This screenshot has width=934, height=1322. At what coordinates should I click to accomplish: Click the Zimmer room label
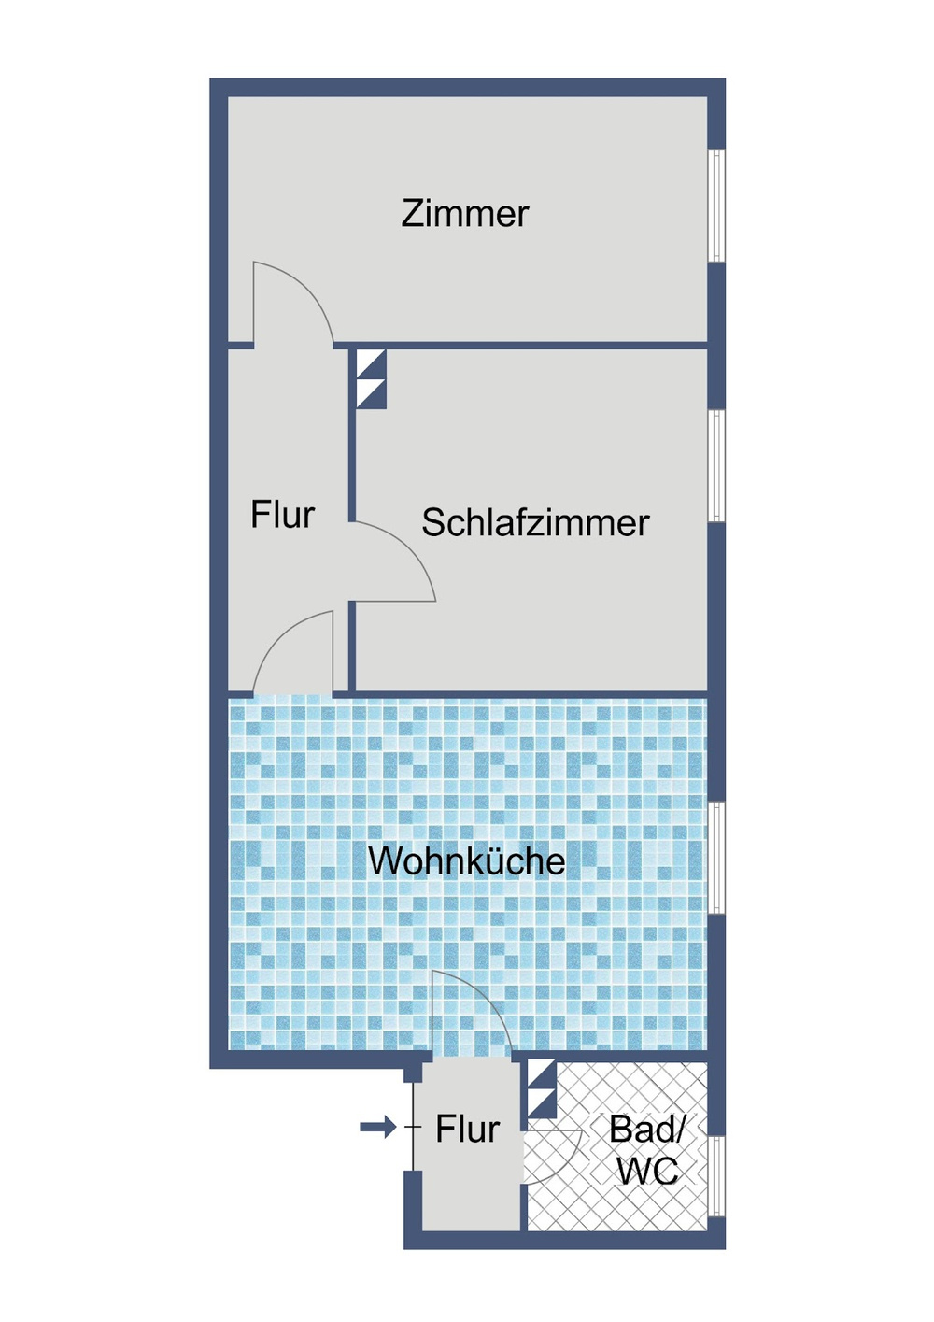465,214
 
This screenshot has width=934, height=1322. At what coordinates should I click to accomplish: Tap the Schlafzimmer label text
534,522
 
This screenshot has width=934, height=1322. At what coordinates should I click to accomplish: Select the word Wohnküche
466,860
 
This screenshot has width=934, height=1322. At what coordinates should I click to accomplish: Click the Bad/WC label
646,1150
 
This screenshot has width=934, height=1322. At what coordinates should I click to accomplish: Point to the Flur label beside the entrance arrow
467,1129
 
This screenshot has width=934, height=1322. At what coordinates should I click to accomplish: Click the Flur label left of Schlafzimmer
282,515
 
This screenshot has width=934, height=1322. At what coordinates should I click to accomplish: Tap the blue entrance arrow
378,1128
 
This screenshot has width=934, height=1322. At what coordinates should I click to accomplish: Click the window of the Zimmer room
716,206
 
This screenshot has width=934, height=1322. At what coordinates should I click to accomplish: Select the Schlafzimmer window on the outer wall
716,465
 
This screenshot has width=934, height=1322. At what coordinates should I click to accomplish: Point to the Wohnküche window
716,857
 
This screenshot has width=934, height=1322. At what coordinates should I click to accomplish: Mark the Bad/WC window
716,1175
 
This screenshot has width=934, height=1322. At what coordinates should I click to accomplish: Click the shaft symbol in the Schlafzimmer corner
372,378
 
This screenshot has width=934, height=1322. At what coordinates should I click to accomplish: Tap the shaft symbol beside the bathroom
542,1088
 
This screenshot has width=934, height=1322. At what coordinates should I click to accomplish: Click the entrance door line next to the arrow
413,1129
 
